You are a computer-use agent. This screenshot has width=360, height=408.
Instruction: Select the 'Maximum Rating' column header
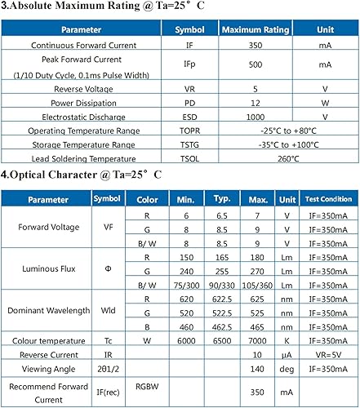(256, 29)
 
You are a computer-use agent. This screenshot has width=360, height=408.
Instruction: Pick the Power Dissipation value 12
(256, 103)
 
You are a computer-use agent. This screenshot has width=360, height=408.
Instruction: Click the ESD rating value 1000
(256, 117)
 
